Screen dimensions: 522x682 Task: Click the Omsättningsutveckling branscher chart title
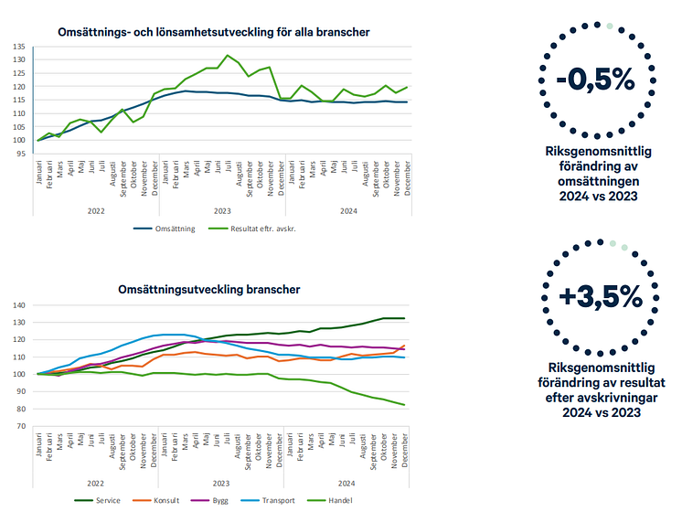[209, 289]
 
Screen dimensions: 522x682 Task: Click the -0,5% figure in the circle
[594, 80]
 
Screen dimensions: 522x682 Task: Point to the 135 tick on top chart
[19, 46]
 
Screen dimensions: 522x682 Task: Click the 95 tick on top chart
[21, 154]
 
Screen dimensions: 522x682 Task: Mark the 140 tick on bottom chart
[19, 304]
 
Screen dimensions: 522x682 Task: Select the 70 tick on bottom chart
[21, 426]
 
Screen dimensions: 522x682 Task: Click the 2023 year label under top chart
[221, 209]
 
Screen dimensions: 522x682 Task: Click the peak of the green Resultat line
[228, 55]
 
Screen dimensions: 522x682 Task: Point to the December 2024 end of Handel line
[403, 405]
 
